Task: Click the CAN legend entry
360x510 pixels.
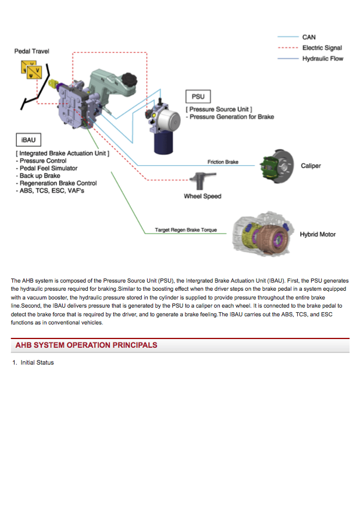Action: (308, 37)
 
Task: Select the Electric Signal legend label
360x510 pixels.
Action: (322, 48)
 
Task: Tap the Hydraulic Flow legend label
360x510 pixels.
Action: (322, 59)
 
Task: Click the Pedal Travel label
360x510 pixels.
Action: (32, 51)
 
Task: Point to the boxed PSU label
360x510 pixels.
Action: (198, 97)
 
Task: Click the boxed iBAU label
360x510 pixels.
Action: (27, 140)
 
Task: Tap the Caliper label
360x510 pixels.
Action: (311, 166)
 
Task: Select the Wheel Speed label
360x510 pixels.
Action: (202, 196)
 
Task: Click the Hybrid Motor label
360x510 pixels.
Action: (318, 234)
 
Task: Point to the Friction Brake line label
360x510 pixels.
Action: (223, 162)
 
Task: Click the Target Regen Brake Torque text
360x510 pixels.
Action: (186, 230)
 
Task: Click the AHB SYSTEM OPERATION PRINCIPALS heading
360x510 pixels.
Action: (86, 345)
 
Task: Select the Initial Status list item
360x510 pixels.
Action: (37, 362)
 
